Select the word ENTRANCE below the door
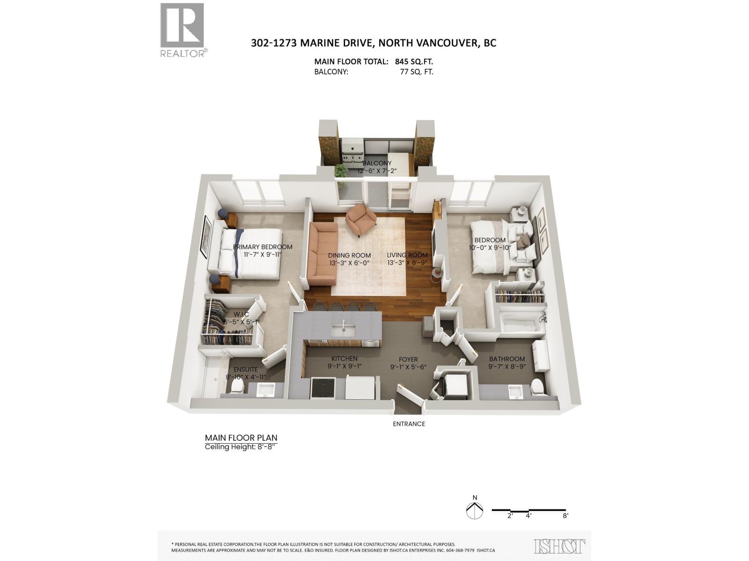click(409, 424)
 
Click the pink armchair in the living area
click(361, 219)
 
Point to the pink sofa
click(322, 254)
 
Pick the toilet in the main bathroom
click(537, 387)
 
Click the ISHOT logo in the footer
click(559, 547)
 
